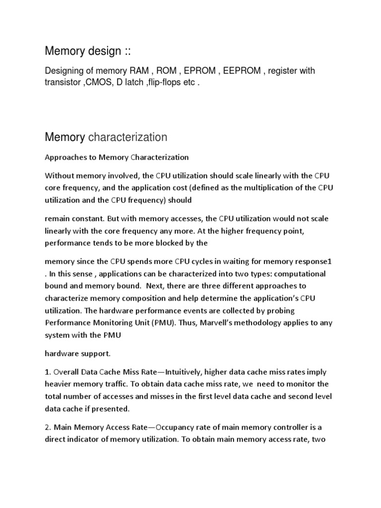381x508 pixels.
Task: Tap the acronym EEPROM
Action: click(242, 71)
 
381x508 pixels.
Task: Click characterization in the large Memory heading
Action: click(127, 137)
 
